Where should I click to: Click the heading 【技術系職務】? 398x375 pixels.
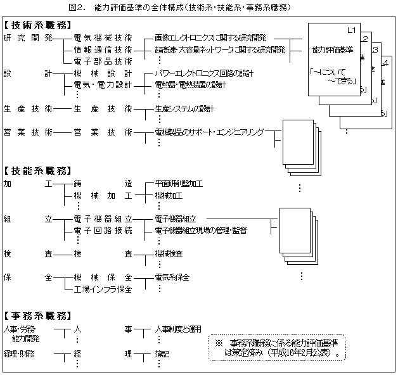37,26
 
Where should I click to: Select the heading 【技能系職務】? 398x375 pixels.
37,171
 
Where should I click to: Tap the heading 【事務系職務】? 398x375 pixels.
37,315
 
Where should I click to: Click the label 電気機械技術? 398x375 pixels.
103,38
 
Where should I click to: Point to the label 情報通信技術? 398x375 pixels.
103,49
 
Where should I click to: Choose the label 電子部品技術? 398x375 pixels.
103,61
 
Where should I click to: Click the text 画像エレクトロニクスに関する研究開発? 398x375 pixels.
210,38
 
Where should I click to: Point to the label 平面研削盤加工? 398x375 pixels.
178,184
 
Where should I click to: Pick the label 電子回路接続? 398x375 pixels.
103,231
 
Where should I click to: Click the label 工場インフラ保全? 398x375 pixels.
103,289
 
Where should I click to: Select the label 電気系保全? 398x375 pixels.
172,277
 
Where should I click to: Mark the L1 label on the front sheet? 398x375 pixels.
352,30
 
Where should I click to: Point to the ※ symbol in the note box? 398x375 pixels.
219,343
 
